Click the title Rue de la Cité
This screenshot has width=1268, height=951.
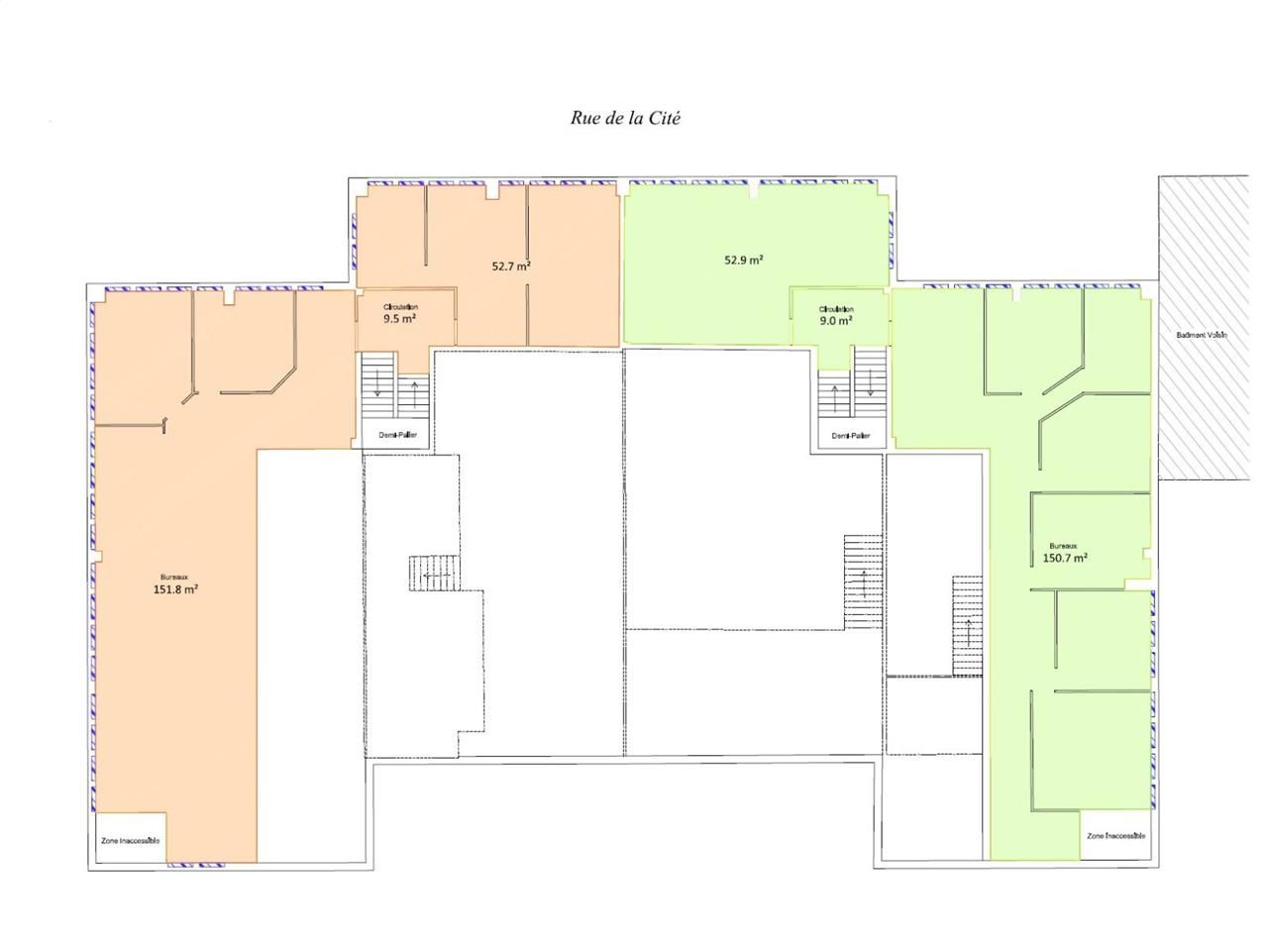625,118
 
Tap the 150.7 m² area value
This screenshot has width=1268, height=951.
1065,558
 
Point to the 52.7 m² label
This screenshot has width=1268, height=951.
511,265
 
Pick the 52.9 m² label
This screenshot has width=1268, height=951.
744,260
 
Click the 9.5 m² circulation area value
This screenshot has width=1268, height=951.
399,319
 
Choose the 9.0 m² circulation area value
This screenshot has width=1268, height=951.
836,321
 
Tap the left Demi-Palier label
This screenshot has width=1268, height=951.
398,435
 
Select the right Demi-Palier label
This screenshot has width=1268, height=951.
851,435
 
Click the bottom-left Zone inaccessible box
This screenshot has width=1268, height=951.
131,840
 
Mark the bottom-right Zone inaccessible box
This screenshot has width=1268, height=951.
1115,836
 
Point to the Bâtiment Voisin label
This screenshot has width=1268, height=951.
1202,335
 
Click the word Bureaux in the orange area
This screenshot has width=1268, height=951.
174,578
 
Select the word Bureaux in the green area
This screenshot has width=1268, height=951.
1063,546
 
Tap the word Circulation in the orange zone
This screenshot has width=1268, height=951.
400,308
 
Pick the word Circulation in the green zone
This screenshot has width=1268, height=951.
836,309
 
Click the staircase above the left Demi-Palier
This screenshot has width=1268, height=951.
394,386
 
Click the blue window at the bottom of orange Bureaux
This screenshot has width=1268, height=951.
196,866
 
